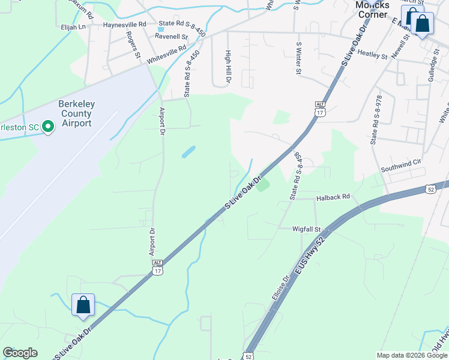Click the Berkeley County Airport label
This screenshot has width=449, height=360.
pos(75,113)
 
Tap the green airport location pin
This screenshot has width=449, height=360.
pos(49,125)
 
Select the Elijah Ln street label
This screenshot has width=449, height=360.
pos(73,27)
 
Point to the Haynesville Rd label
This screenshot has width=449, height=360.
pos(125,25)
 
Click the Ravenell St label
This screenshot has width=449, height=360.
pos(171,37)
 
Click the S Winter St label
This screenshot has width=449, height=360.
pos(298,58)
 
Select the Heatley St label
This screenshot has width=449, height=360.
pos(372,55)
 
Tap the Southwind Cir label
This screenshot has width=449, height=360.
pos(402,162)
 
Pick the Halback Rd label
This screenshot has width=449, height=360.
pos(333,197)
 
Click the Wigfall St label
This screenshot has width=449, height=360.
pos(307,229)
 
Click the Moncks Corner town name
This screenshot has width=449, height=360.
pos(372,10)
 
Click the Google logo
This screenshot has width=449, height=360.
pos(20,353)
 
